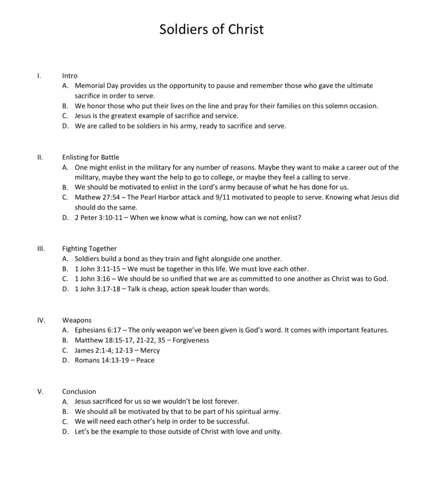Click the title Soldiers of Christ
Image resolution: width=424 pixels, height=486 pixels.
(x=211, y=29)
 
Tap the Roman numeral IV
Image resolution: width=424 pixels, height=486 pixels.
(x=41, y=320)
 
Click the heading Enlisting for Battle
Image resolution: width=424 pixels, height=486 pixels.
(x=91, y=157)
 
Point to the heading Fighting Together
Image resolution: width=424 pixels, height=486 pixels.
(x=89, y=248)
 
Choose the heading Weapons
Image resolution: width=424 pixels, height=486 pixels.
(x=77, y=320)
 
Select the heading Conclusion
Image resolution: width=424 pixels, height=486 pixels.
(x=79, y=391)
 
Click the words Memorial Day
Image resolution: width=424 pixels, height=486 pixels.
(x=95, y=86)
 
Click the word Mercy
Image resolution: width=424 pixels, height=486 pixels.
(x=150, y=350)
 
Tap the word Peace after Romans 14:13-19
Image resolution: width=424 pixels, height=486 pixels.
(x=145, y=360)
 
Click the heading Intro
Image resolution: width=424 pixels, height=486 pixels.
(x=69, y=76)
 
